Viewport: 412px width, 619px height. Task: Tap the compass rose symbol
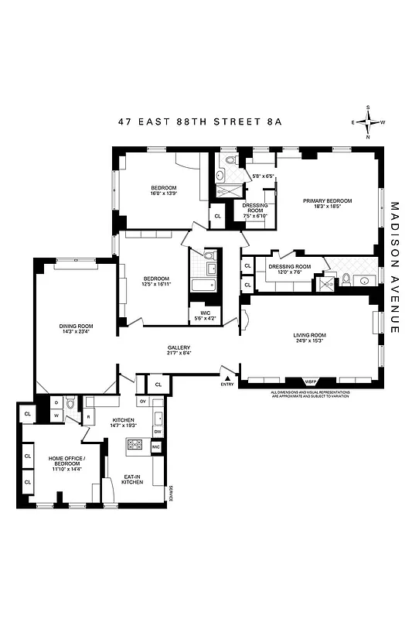click(369, 122)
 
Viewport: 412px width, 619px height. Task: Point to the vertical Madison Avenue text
click(394, 268)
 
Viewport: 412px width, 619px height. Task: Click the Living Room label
click(309, 335)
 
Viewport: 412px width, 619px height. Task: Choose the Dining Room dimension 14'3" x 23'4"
click(77, 332)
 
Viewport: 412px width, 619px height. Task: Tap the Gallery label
click(179, 347)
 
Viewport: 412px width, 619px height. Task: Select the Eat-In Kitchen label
click(133, 480)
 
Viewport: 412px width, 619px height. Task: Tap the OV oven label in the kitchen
click(143, 402)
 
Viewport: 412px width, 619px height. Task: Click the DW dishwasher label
click(157, 432)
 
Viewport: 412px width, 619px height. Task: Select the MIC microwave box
click(155, 447)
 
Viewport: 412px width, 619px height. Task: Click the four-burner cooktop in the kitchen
click(136, 444)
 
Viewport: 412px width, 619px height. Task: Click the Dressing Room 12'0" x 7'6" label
click(289, 268)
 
